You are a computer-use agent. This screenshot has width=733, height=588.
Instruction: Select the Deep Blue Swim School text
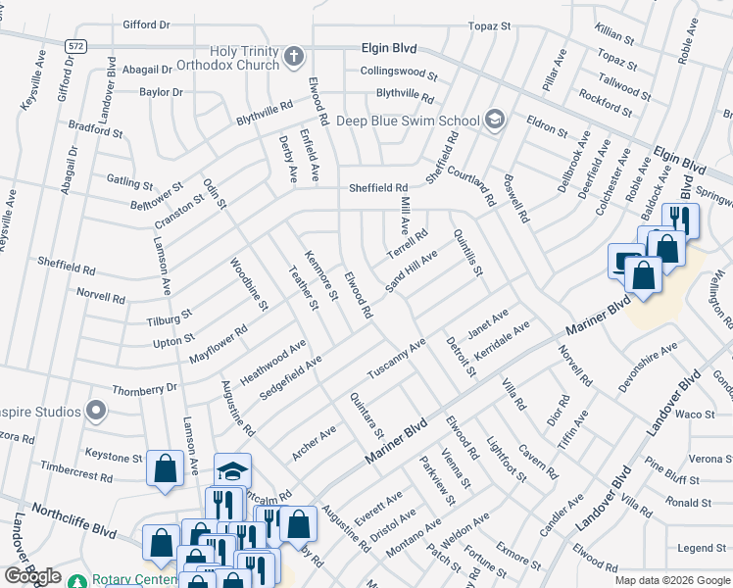pos(409,122)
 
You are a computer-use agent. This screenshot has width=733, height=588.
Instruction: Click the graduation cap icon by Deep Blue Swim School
pos(496,121)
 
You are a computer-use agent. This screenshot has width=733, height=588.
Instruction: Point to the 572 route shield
pos(75,45)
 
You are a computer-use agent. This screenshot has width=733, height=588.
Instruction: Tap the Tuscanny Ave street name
pos(396,361)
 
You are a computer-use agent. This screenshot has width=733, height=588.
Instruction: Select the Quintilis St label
pos(467,253)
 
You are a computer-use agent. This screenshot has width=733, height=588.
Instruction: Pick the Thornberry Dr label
pos(145,388)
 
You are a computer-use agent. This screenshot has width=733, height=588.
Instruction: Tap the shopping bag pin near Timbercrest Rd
pos(165,468)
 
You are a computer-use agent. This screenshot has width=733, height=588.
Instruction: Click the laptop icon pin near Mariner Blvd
pos(625,261)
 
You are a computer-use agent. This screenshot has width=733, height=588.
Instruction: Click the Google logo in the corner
pos(31,576)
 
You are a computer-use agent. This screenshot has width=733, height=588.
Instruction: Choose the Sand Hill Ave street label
pos(411,269)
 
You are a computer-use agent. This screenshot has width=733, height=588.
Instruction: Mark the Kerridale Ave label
pos(501,338)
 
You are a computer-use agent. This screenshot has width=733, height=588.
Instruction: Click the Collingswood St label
pos(398,73)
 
